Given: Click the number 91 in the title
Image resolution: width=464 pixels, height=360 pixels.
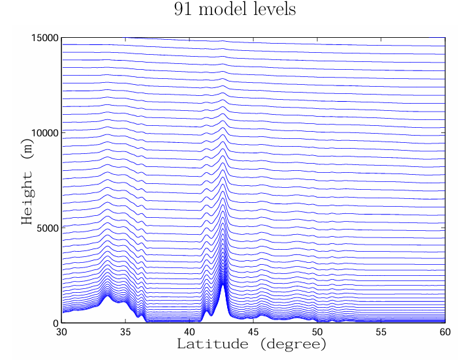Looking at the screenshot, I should pyautogui.click(x=183, y=10).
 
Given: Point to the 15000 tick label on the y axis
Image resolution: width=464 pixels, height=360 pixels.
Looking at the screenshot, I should pyautogui.click(x=46, y=38).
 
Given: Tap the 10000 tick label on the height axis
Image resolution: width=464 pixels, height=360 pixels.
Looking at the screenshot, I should pyautogui.click(x=46, y=132).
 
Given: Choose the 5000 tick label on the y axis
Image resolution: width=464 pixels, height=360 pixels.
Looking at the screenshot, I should pyautogui.click(x=48, y=228).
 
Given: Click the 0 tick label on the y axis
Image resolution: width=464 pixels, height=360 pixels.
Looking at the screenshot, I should pyautogui.click(x=55, y=323).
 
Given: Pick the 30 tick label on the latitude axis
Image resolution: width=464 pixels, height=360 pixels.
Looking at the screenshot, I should pyautogui.click(x=62, y=331).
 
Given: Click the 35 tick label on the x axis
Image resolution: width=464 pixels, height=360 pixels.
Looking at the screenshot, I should pyautogui.click(x=126, y=331).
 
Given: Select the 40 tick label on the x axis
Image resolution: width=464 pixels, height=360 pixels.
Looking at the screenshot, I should pyautogui.click(x=190, y=331).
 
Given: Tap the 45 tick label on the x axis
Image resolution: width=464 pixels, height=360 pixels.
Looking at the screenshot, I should pyautogui.click(x=254, y=331).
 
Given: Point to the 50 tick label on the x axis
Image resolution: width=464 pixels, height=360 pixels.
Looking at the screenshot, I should pyautogui.click(x=318, y=331).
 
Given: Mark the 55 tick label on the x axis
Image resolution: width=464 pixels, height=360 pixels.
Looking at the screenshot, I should pyautogui.click(x=381, y=331).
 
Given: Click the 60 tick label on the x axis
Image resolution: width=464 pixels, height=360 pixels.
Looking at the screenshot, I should pyautogui.click(x=444, y=331).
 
